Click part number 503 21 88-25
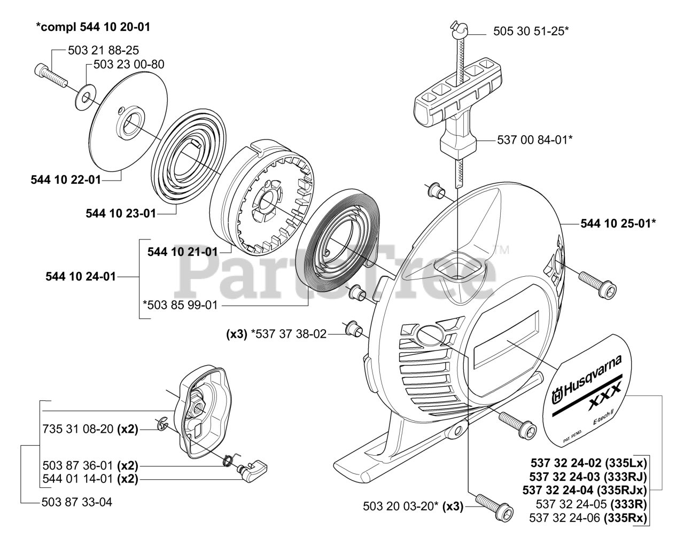104,50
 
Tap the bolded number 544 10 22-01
66,180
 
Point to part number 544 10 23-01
121,214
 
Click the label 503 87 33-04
76,502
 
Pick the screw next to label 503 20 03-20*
490,505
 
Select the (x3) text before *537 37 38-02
236,334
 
